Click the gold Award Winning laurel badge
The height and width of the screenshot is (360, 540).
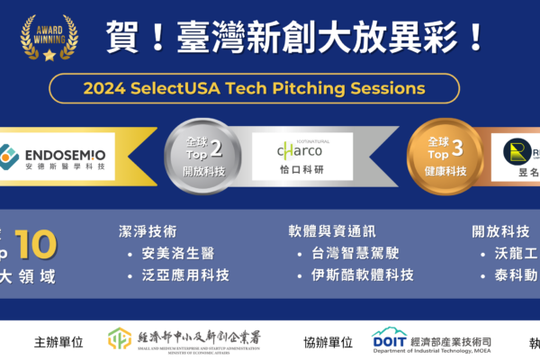click(x=49, y=35)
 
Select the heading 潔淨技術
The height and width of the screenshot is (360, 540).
click(x=148, y=231)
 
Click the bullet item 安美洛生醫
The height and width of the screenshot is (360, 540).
click(x=175, y=253)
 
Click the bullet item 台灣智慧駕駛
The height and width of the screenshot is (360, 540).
click(x=352, y=253)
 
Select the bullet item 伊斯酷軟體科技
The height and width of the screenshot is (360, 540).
click(x=359, y=274)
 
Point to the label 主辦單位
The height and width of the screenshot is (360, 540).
click(x=58, y=342)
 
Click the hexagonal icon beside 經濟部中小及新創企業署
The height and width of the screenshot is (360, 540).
click(x=120, y=339)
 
